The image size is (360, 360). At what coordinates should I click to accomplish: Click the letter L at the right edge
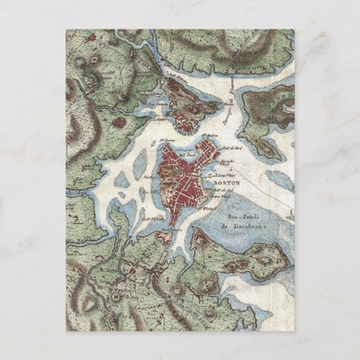(291, 213)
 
